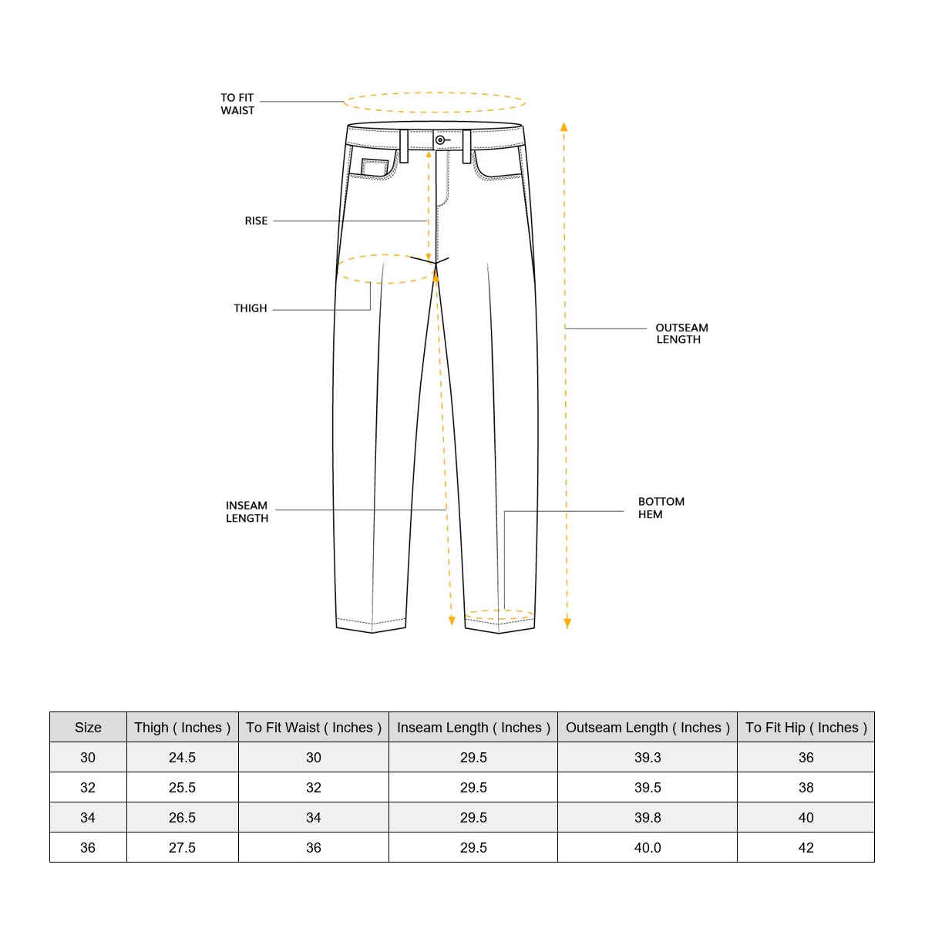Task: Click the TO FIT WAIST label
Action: point(237,104)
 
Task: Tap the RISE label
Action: point(256,221)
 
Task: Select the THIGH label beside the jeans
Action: point(251,308)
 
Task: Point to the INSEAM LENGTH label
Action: point(247,512)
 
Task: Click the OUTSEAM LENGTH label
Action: point(681,334)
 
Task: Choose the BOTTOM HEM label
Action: point(661,508)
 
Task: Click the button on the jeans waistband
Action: point(440,140)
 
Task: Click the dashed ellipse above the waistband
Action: point(435,103)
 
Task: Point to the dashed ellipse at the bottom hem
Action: point(499,615)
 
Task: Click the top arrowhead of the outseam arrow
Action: point(564,126)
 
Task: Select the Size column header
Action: point(88,728)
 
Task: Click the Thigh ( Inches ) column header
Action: point(182,728)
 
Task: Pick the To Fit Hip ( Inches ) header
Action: point(806,728)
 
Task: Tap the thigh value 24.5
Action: point(182,758)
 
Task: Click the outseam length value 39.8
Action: point(647,818)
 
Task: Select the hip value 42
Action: point(806,848)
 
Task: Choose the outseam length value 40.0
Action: point(647,848)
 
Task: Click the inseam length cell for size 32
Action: point(473,788)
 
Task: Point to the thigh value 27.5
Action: point(182,848)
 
